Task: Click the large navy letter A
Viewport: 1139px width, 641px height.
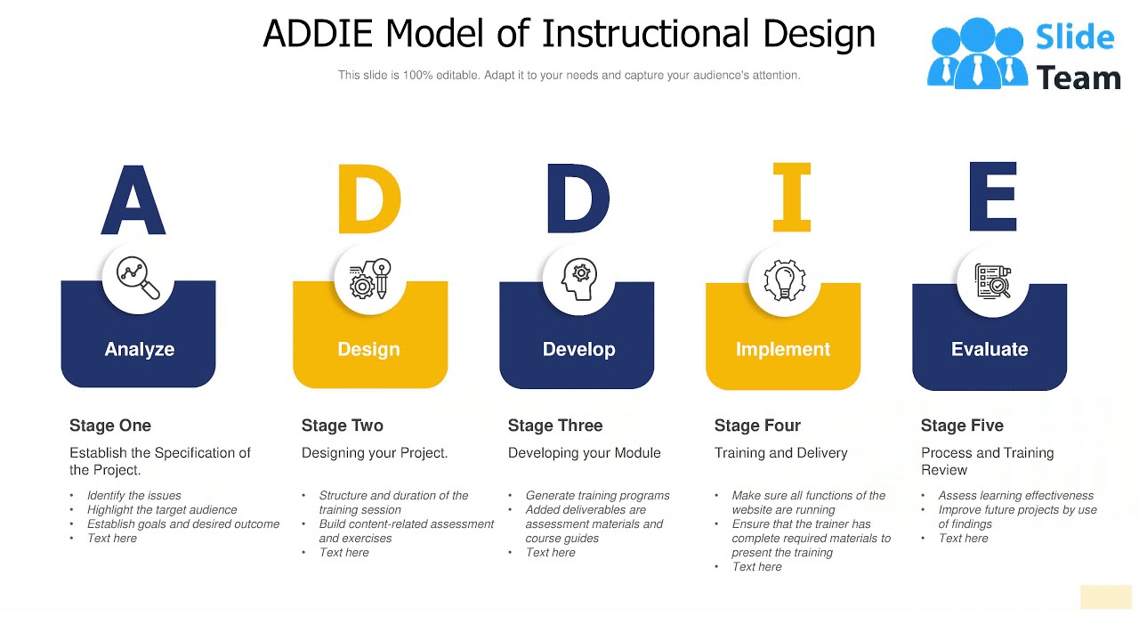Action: click(133, 199)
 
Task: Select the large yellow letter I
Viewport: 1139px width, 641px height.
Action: click(791, 197)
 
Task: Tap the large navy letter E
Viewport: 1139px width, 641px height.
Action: click(992, 197)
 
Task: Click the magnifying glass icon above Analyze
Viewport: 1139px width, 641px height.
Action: click(139, 278)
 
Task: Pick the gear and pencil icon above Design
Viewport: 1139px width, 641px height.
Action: click(370, 279)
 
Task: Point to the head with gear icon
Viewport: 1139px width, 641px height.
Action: click(578, 279)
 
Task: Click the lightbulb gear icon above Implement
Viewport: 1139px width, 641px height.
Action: click(785, 280)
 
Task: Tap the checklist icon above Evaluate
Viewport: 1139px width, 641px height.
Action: click(992, 280)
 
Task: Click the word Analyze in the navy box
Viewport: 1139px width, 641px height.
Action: click(139, 349)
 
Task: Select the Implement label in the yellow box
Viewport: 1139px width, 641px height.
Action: click(783, 349)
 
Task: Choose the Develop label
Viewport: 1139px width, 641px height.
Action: click(578, 349)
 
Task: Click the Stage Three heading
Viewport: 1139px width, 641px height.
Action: click(555, 426)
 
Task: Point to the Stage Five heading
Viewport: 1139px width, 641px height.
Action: click(962, 426)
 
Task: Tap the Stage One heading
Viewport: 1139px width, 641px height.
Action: click(110, 426)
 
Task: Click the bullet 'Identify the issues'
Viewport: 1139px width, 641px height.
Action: click(133, 495)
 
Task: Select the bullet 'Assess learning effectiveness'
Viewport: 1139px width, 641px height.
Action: click(1015, 495)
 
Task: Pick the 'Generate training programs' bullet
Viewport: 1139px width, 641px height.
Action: click(597, 495)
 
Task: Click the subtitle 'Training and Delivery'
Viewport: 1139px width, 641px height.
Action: click(780, 452)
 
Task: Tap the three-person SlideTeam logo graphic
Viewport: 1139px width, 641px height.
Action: click(977, 53)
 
